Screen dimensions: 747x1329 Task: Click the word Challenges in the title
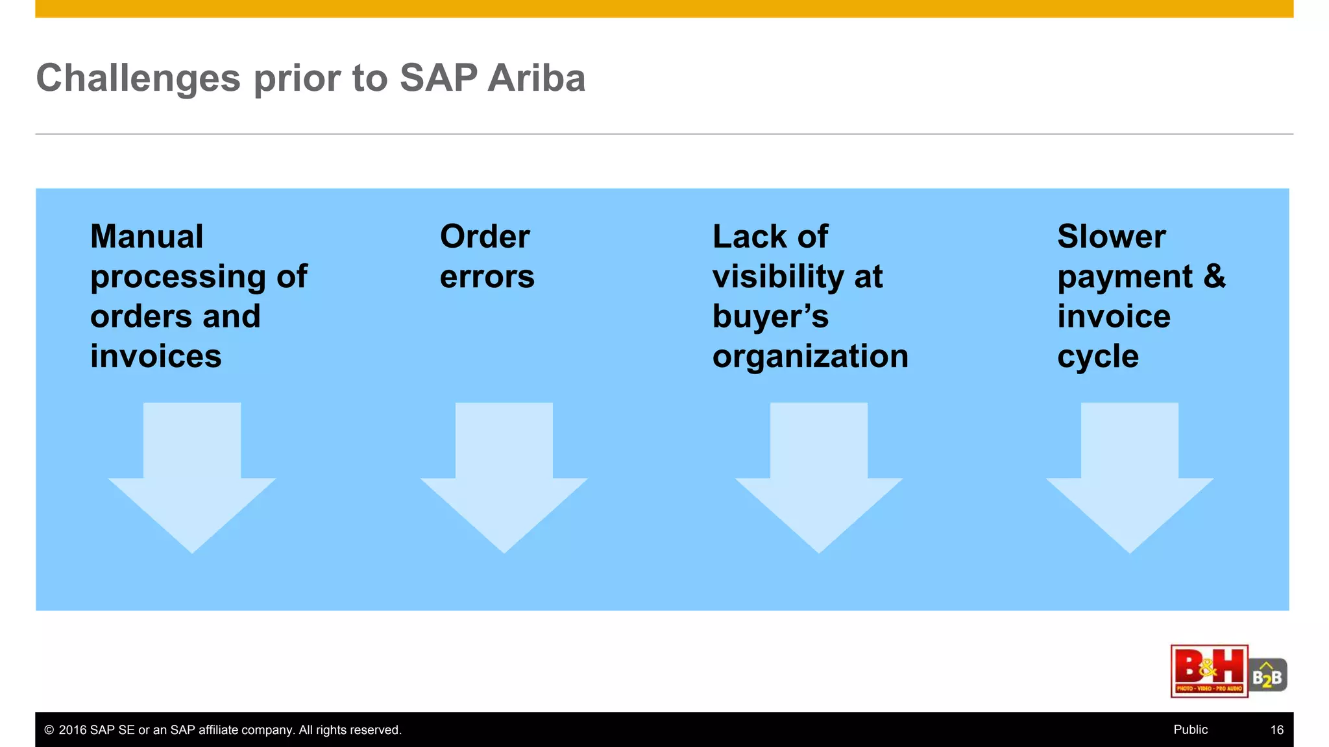tap(138, 78)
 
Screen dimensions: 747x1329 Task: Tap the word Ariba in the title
tap(536, 78)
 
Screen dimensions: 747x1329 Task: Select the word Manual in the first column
tap(147, 237)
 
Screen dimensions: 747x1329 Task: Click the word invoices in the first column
tap(156, 357)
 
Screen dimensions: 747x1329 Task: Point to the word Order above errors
tap(485, 237)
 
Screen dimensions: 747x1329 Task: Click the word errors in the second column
tap(487, 278)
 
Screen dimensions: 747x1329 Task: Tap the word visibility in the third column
tap(778, 278)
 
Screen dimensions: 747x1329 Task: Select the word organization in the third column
tap(810, 357)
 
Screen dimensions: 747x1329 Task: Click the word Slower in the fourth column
tap(1111, 237)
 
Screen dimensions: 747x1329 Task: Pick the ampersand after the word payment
tap(1214, 276)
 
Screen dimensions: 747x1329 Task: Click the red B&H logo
tap(1209, 671)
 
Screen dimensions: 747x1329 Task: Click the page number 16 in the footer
tap(1276, 730)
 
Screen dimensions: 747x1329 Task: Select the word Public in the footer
tap(1190, 730)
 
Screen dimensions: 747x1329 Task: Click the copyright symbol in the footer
tap(49, 730)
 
